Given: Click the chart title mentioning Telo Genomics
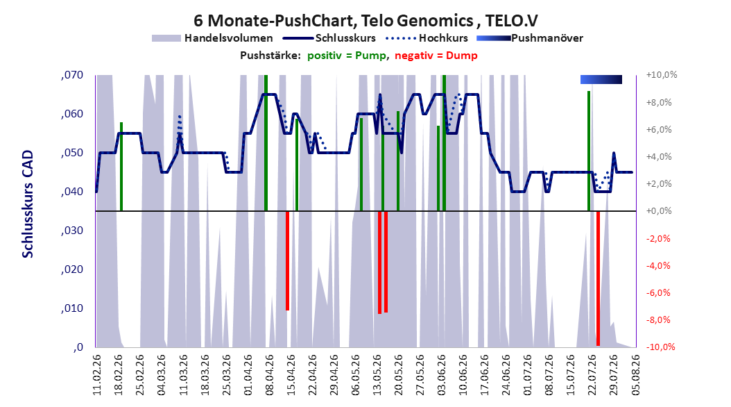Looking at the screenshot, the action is pos(365,21).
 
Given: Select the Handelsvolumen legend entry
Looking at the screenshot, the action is pos(212,38).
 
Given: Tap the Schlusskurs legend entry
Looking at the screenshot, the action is pos(329,38).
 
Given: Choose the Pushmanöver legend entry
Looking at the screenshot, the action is pos(530,38).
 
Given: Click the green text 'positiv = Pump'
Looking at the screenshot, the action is pos(347,56).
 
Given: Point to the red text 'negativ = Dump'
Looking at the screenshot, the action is pos(436,56).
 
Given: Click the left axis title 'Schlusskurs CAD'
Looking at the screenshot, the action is pos(28,204).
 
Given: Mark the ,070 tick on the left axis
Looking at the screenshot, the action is pos(72,75).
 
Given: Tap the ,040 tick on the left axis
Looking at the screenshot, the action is pos(72,192).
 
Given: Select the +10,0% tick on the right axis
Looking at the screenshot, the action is pos(661,75).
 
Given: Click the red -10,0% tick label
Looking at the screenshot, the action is pos(661,347).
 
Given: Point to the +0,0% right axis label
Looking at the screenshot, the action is pos(659,211).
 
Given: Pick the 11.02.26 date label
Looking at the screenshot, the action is pos(97,375).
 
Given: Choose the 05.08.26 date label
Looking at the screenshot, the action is pos(635,375).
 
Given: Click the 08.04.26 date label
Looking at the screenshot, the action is pos(270,375).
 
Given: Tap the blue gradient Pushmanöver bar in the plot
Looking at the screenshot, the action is pos(601,79).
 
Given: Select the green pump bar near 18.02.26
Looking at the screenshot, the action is pos(121,167).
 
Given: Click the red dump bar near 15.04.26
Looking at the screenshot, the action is pos(287,260).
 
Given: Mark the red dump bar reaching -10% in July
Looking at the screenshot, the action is pos(598,279).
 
